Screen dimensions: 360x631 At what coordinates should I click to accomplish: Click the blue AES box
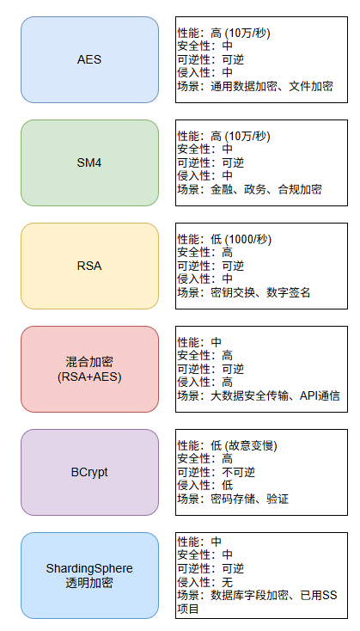[89, 59]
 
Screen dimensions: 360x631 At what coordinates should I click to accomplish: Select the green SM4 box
[89, 163]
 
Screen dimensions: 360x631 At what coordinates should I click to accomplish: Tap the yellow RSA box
[89, 266]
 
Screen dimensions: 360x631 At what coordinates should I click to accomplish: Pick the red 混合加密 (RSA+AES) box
[89, 370]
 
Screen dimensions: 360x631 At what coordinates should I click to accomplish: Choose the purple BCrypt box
[89, 473]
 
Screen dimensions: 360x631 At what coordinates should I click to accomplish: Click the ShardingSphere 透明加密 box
[89, 576]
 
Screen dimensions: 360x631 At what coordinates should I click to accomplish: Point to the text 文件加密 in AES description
[311, 86]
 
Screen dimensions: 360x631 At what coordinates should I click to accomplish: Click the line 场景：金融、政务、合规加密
[250, 189]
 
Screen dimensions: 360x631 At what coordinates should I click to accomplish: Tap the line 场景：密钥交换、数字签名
[244, 292]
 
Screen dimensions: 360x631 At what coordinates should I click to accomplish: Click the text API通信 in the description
[320, 396]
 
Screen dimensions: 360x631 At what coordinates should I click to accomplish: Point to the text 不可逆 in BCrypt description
[239, 472]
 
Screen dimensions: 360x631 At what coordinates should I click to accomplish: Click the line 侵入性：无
[205, 582]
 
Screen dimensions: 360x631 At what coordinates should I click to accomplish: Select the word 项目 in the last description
[188, 609]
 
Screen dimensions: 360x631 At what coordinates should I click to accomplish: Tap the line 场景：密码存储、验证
[234, 499]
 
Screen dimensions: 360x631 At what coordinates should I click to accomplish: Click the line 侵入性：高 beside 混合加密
[205, 382]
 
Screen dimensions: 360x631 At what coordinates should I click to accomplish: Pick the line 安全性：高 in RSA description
[205, 253]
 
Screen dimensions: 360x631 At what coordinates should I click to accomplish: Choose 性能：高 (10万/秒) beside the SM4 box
[224, 137]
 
